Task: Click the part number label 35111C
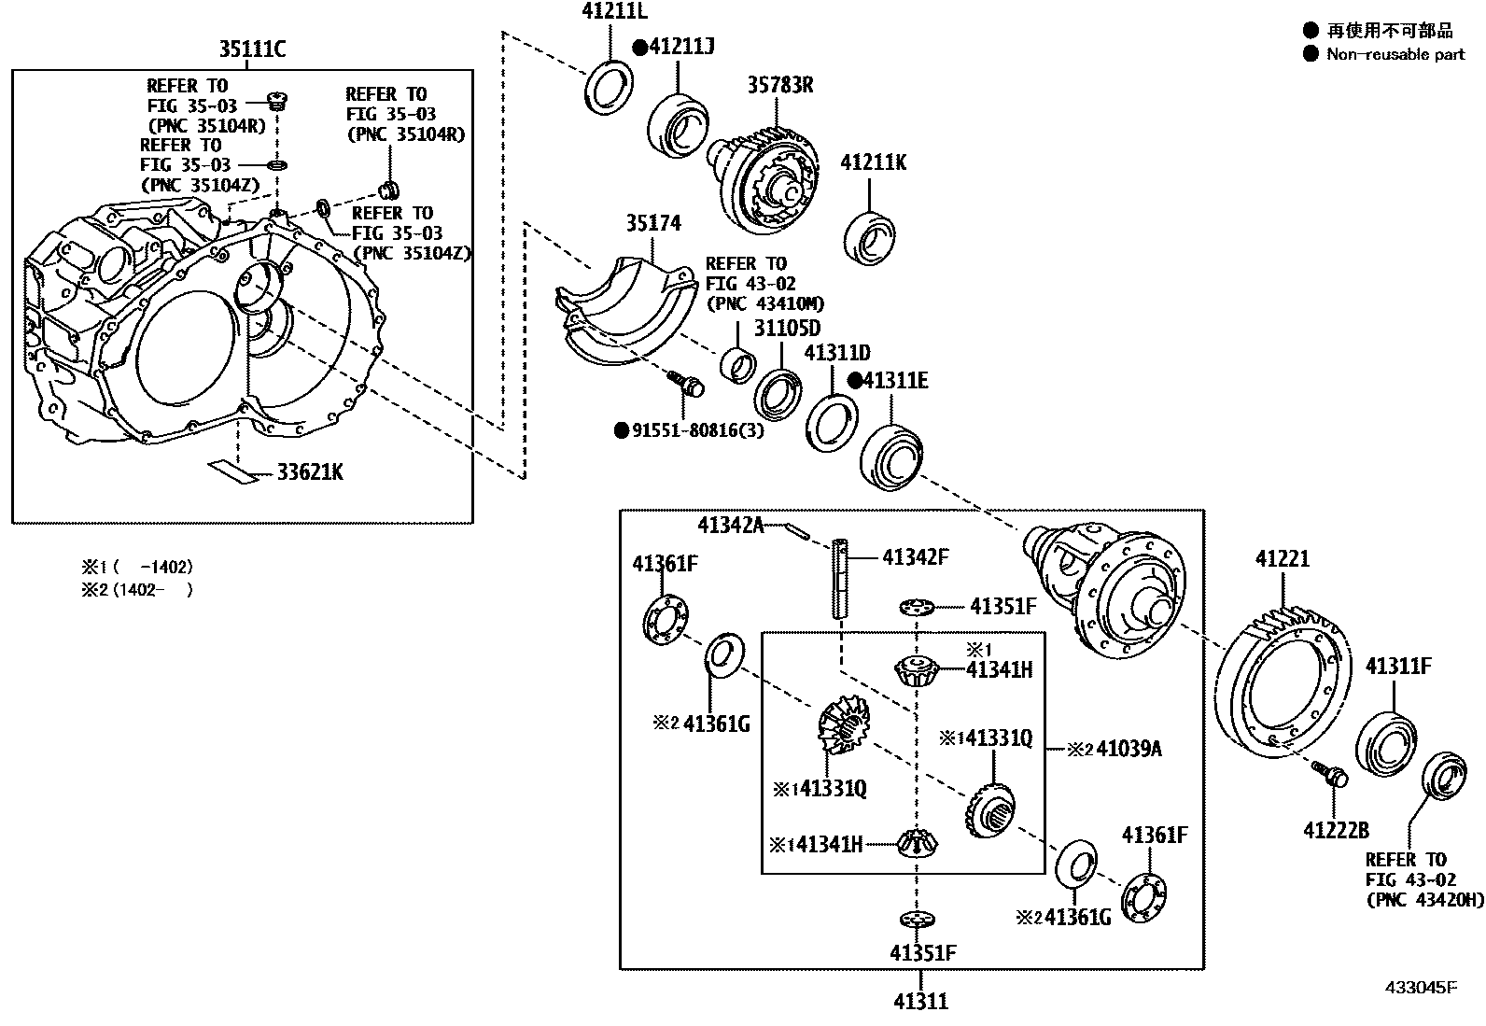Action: [x=252, y=49]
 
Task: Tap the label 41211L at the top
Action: [x=614, y=12]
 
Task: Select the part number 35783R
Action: [x=779, y=85]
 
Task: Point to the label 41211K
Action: [x=873, y=162]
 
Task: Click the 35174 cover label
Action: [x=652, y=223]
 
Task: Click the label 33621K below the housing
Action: [x=309, y=473]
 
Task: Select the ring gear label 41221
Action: [x=1282, y=559]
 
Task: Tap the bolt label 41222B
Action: [x=1336, y=829]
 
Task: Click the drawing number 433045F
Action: [x=1420, y=988]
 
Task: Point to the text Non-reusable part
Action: [x=1395, y=55]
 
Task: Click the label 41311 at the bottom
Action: [x=920, y=1003]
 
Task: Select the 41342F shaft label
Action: [x=915, y=557]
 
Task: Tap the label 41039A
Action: [x=1128, y=749]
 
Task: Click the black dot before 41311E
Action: [x=854, y=381]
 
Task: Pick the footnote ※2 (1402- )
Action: [x=137, y=590]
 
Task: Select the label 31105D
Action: [x=787, y=329]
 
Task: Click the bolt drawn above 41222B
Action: [x=1329, y=773]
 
